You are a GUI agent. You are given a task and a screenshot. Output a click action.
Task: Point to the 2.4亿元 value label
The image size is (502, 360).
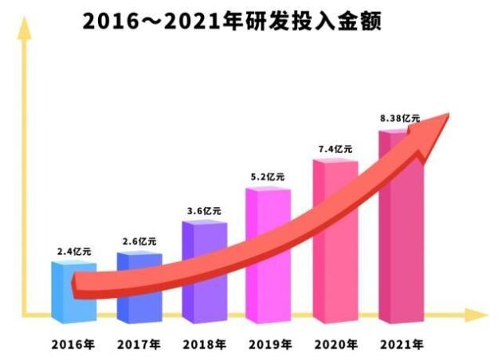tap(73, 251)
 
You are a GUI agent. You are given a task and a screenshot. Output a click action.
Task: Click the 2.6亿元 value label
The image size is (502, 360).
tap(139, 241)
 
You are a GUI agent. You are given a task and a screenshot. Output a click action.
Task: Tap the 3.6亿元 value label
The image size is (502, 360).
tap(204, 210)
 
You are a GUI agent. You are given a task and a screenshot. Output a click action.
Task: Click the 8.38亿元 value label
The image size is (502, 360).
tap(400, 118)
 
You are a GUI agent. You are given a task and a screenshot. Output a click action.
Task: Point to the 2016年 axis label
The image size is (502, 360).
tap(73, 346)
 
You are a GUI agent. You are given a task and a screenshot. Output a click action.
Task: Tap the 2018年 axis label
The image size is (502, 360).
tap(204, 346)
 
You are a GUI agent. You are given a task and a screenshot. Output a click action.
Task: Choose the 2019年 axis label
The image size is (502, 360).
tap(269, 346)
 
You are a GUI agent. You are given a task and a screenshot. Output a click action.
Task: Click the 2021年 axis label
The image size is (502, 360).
tap(400, 346)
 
